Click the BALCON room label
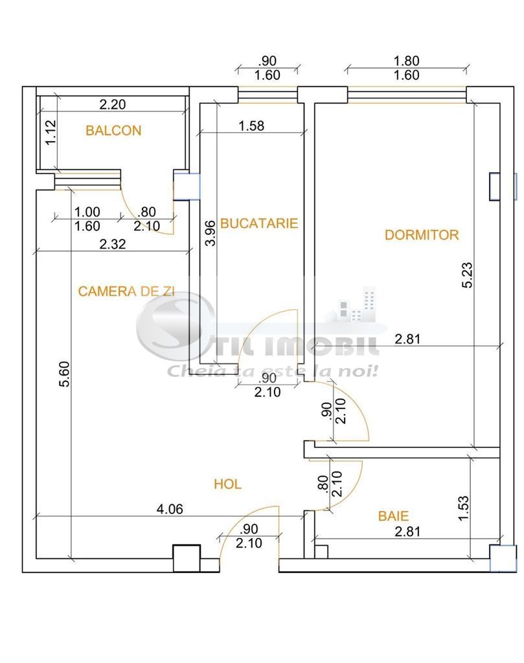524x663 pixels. tap(113, 130)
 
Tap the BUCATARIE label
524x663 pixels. tap(259, 223)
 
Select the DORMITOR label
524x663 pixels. tap(422, 234)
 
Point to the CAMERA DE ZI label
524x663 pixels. tap(126, 291)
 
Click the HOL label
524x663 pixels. tap(227, 484)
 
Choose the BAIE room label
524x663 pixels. tap(393, 516)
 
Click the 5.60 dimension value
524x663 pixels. tap(64, 374)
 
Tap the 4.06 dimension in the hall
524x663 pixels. tap(170, 509)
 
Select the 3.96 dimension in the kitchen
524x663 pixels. tap(211, 233)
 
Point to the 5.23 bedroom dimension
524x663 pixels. tap(467, 276)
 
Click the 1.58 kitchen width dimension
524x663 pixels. tap(251, 126)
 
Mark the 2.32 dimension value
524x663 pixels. tap(113, 244)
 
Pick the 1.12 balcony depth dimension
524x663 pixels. tap(51, 132)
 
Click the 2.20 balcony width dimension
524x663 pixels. tap(113, 104)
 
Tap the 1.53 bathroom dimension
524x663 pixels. tap(463, 508)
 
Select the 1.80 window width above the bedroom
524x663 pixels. tap(406, 61)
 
